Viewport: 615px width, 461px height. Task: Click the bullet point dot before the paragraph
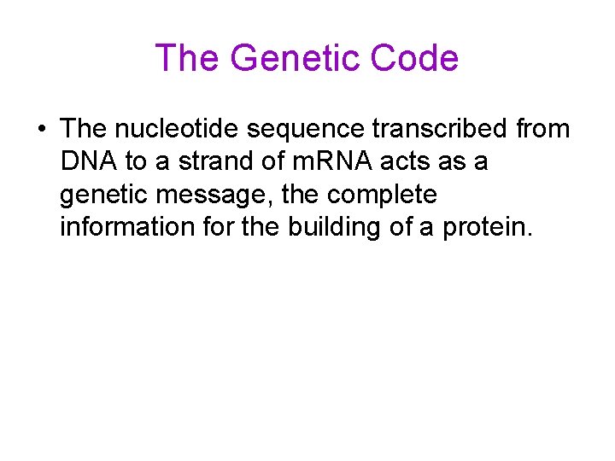point(41,130)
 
